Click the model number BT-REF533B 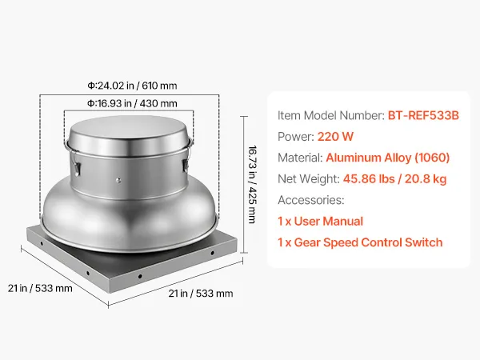pos(423,115)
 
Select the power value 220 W pos(335,137)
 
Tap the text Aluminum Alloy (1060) pos(387,158)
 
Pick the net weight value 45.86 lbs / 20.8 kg pos(394,178)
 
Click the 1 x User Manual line pos(320,221)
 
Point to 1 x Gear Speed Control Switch pos(360,242)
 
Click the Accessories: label pos(311,200)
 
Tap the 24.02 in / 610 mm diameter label pos(132,86)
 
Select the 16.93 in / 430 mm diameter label pos(132,103)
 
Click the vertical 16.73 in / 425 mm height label pos(252,184)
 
